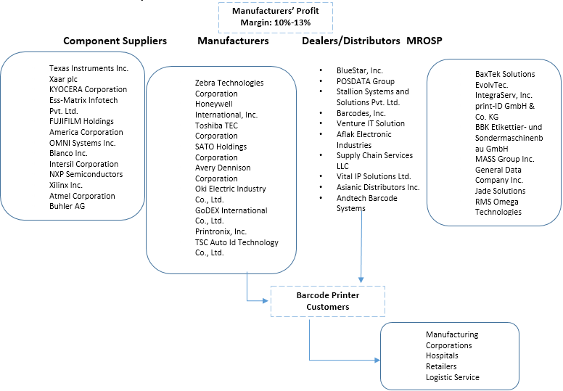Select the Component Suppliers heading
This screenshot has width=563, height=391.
(x=115, y=41)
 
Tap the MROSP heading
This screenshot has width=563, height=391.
(x=425, y=41)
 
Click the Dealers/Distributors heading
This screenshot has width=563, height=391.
(x=351, y=41)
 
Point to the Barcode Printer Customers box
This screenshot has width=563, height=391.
(x=327, y=301)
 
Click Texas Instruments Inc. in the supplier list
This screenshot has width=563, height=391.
(x=89, y=68)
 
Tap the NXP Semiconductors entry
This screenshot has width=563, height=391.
(x=86, y=174)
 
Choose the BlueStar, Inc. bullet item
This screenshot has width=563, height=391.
(x=359, y=70)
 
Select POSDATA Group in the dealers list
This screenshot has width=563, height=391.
(x=365, y=81)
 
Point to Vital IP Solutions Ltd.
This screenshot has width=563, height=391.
(x=373, y=176)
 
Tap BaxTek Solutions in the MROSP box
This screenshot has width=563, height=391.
(x=505, y=74)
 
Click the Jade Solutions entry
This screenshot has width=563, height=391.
(x=500, y=191)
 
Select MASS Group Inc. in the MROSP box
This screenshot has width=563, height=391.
(x=504, y=159)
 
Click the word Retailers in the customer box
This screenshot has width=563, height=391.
(x=442, y=366)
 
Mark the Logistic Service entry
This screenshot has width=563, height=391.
(x=453, y=377)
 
